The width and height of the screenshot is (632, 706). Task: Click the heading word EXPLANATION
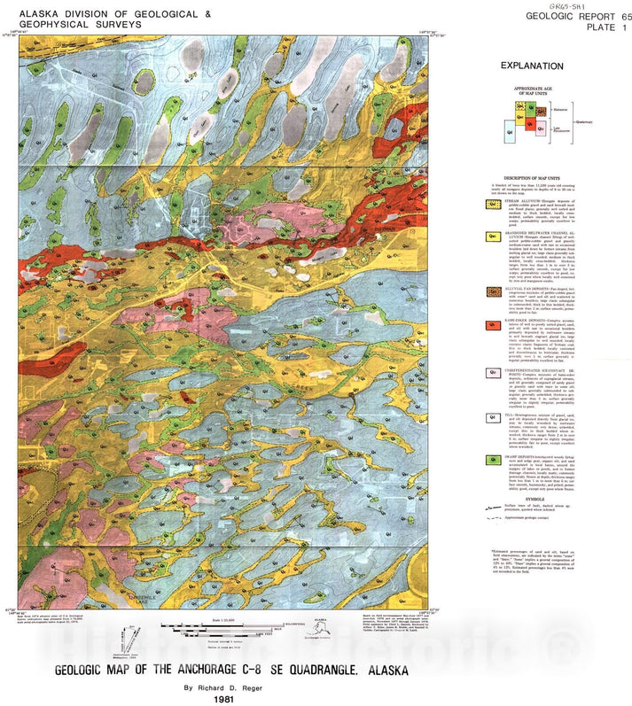coord(531,66)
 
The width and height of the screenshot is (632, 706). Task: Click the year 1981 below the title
coord(223,698)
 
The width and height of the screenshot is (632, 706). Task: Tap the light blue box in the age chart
coord(511,134)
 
